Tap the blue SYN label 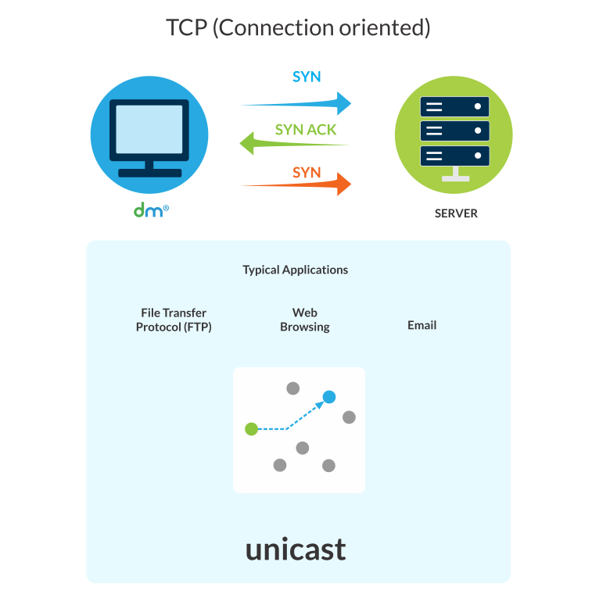click(x=307, y=77)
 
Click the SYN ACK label click(x=306, y=130)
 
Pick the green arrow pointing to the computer click(x=294, y=144)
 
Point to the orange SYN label click(x=307, y=173)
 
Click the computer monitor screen click(x=149, y=130)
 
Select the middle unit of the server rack click(x=454, y=131)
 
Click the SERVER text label click(x=456, y=213)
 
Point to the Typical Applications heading click(x=295, y=270)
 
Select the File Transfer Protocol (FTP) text click(x=174, y=320)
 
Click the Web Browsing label click(x=304, y=320)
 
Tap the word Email click(x=421, y=325)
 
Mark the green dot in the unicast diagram click(x=251, y=428)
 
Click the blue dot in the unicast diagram click(x=329, y=397)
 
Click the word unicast click(x=296, y=549)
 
